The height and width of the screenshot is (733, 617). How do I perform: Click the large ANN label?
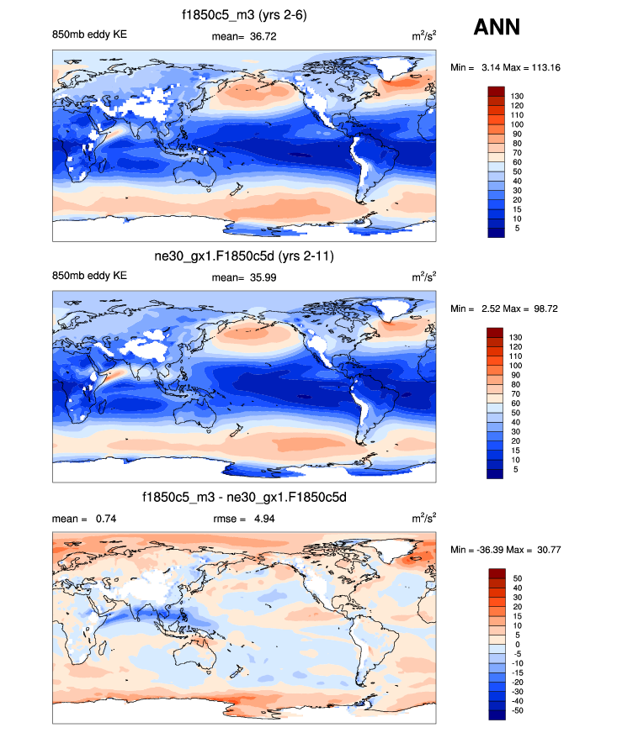pos(497,27)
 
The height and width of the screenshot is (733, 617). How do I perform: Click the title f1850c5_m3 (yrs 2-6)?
pos(243,15)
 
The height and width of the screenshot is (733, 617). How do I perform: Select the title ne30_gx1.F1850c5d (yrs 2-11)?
pos(243,256)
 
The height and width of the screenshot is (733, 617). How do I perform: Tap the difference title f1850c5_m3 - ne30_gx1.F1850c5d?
pos(244,498)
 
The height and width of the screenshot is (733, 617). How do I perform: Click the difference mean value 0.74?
pos(104,519)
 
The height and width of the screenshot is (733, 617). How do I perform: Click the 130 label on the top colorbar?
pos(518,97)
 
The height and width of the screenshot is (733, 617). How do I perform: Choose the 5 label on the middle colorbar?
pos(514,469)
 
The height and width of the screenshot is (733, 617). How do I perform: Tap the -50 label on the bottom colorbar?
pos(518,710)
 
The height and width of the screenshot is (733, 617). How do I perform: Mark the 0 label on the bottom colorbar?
pos(514,645)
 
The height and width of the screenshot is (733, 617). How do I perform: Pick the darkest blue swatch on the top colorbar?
pos(496,233)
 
